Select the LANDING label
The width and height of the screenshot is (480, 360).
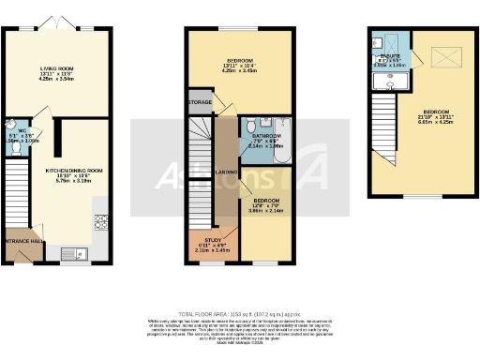(225, 172)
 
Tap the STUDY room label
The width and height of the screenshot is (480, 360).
(203, 240)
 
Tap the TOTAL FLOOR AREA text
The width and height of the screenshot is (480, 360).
(240, 311)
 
